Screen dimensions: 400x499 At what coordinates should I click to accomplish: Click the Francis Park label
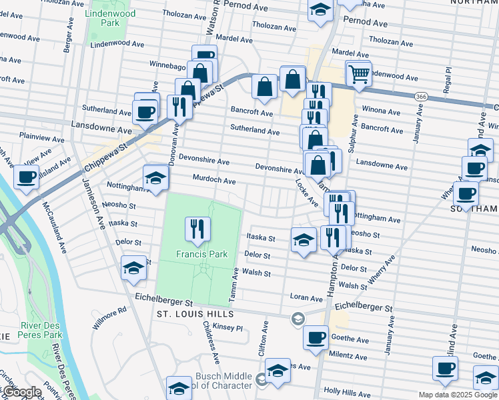coord(201,254)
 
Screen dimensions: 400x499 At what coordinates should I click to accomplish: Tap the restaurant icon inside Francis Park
coord(199,229)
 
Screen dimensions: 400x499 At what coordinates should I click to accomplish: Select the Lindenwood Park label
coord(109,18)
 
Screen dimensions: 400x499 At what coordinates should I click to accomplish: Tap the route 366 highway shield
coord(420,97)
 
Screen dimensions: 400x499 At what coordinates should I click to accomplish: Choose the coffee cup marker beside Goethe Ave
coord(316,337)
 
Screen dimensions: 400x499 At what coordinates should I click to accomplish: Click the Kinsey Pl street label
coord(227,328)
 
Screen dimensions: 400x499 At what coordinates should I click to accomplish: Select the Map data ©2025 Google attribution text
coord(458,395)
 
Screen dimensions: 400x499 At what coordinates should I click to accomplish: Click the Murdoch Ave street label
coord(214,181)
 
